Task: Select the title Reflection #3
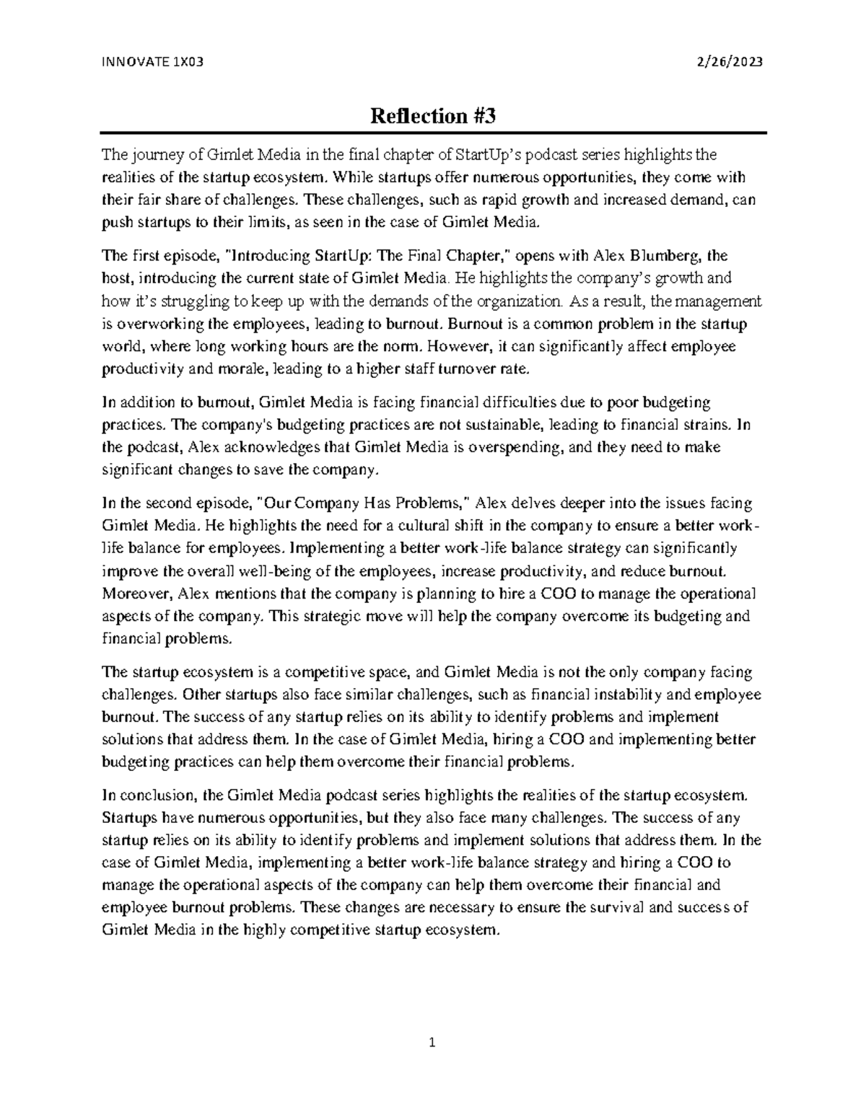(x=433, y=116)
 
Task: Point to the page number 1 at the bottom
(x=432, y=1042)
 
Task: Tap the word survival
(x=618, y=908)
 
